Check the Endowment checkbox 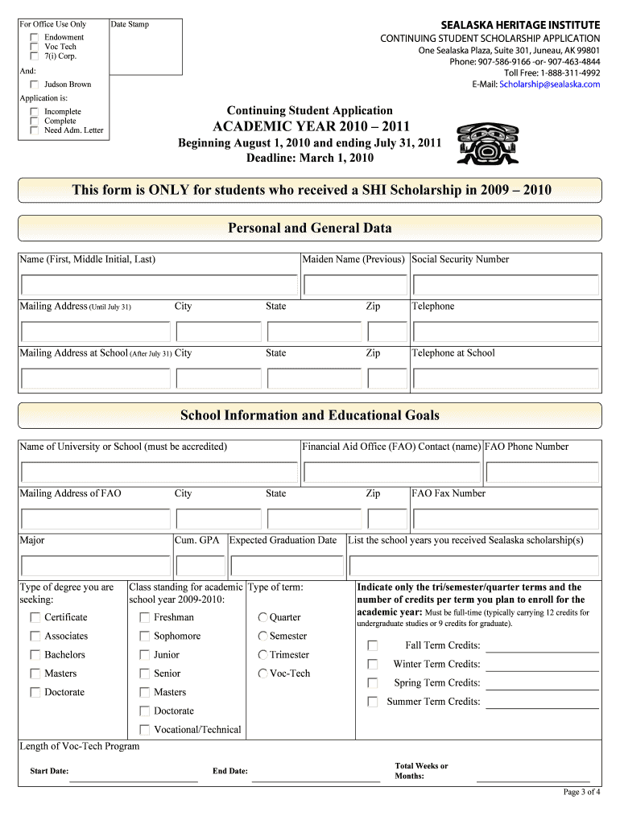click(x=35, y=38)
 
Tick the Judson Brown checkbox click(x=35, y=84)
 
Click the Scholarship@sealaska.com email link click(x=549, y=84)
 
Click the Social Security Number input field click(x=506, y=286)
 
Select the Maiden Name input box click(x=355, y=286)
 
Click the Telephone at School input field click(x=506, y=379)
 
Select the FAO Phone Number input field click(x=542, y=472)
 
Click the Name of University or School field click(x=159, y=472)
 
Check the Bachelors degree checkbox click(x=35, y=655)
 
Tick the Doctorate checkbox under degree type click(x=35, y=693)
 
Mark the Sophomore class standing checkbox click(x=145, y=637)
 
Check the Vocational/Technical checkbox click(x=145, y=730)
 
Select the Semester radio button click(x=263, y=637)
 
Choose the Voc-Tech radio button click(x=263, y=674)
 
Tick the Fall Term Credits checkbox click(x=373, y=646)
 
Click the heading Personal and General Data click(x=310, y=229)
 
